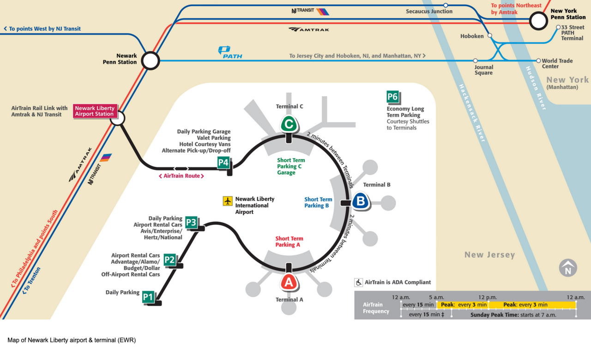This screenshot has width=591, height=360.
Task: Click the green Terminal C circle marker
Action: point(289,124)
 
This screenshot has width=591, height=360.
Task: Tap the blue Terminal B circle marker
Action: point(361,202)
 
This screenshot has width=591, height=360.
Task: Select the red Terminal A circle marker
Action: point(289,282)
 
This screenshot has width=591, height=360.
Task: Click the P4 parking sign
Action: point(223,162)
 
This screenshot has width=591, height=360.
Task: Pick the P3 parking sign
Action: point(191,223)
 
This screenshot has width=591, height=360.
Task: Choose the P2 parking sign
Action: point(169,260)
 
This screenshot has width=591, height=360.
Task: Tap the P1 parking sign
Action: point(148,297)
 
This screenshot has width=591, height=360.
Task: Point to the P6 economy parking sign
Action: point(392,97)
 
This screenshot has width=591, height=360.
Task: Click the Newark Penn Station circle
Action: point(150,60)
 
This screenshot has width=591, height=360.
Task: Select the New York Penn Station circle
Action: point(538,21)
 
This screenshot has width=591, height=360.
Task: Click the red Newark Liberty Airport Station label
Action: point(95,111)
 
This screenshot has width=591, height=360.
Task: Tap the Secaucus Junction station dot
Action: point(446,6)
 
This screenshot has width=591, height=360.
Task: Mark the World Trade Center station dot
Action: point(538,60)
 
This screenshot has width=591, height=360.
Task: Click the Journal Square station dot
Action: point(476,60)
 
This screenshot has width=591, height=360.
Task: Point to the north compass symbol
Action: point(568,268)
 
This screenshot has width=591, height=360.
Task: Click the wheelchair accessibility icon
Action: point(359,282)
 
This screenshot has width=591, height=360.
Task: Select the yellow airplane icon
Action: point(228,201)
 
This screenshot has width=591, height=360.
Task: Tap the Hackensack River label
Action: point(471,113)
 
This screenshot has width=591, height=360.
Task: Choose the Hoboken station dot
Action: point(490,35)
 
